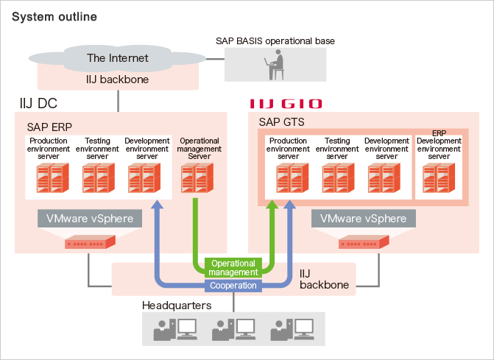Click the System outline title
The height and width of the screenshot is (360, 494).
54,15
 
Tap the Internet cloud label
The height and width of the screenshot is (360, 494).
117,57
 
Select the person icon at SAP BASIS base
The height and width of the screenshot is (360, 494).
274,66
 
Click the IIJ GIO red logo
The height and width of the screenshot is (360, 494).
286,103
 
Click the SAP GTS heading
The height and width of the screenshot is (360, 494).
282,121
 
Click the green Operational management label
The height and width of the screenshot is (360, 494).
233,268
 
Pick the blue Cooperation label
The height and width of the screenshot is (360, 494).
233,285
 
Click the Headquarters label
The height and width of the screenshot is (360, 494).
177,305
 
